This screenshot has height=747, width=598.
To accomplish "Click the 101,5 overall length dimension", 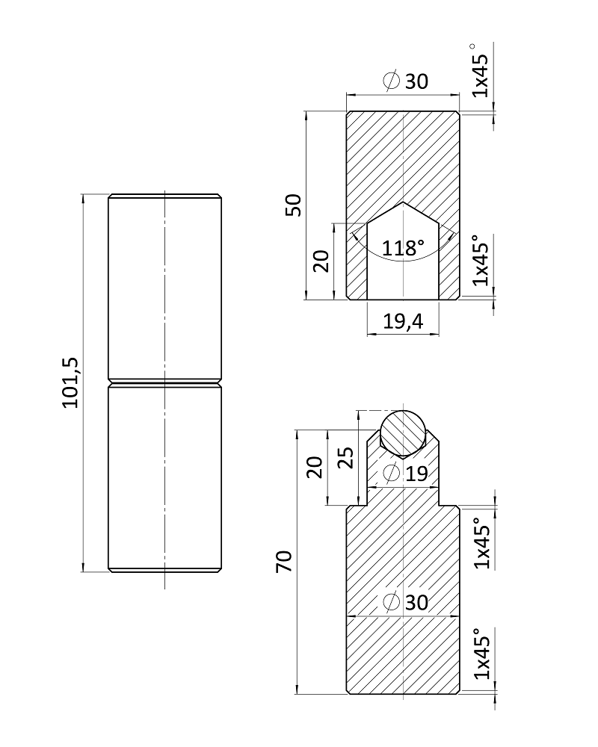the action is [71, 382].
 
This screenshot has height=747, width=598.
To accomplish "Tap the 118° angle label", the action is [403, 248].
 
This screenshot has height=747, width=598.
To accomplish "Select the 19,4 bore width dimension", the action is [403, 321].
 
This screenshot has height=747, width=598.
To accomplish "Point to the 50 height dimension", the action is [294, 205].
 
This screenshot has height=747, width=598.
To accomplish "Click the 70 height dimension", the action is [284, 561].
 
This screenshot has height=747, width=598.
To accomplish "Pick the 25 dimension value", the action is [347, 457].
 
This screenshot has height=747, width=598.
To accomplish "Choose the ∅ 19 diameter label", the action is [405, 473].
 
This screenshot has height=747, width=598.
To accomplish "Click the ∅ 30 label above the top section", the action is [406, 81].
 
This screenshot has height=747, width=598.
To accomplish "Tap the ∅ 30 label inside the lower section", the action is [406, 603].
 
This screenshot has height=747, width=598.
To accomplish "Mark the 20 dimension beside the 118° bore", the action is [321, 261].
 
